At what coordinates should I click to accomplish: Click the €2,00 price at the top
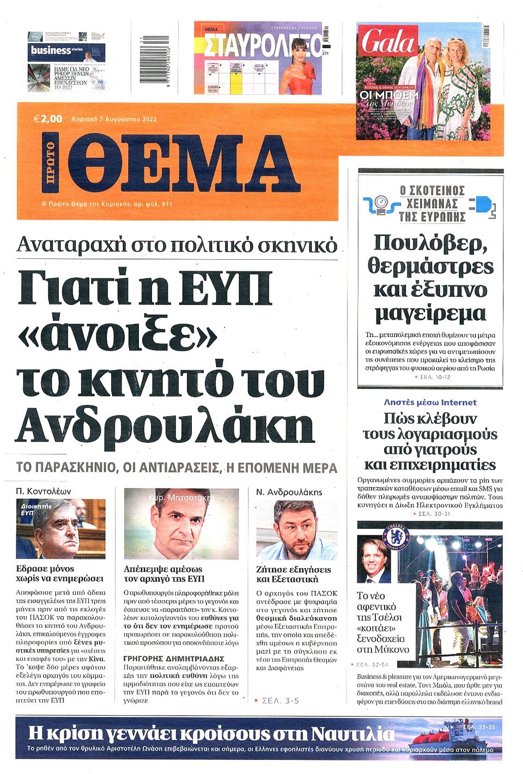coord(48,119)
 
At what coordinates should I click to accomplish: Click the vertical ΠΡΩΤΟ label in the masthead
coord(50,162)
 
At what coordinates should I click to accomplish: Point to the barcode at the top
coord(154,58)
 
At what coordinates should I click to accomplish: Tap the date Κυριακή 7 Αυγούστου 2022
coord(114,119)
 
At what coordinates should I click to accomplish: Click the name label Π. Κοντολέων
coord(44,491)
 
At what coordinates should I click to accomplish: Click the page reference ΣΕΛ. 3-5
coord(280,700)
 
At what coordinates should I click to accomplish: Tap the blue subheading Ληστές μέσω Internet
coord(430,403)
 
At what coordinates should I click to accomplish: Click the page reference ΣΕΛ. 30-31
coord(434,513)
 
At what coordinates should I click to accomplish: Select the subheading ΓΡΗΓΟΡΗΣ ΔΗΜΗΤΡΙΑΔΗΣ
coord(174,659)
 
